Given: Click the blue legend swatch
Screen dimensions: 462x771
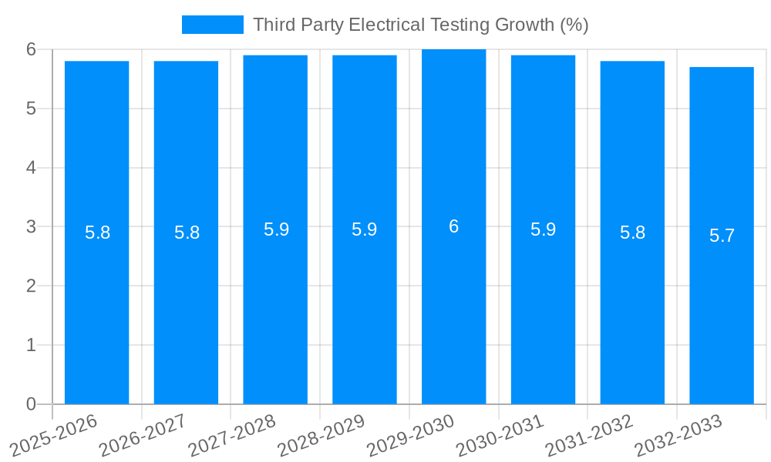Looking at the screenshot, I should coord(212,25).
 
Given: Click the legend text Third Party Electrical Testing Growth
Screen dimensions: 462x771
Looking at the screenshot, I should coord(420,25).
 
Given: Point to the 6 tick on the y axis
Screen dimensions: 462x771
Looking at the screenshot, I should coord(32,49).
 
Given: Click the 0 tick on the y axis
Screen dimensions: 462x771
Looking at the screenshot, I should coord(32,404).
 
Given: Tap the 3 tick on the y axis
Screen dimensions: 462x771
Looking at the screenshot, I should coord(32,227).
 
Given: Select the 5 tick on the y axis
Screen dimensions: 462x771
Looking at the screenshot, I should coord(32,109).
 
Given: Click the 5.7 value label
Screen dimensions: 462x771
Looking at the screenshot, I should coord(722,236).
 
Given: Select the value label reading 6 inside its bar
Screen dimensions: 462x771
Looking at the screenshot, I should coord(453,226).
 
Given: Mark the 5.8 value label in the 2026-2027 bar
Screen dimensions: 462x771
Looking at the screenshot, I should coord(187,233).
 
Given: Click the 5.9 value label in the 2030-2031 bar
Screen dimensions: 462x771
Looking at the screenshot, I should coord(543,229).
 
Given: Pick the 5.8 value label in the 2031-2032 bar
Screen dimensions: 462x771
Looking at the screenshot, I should coord(632,233).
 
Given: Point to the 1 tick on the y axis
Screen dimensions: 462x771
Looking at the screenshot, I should coord(32,345).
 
